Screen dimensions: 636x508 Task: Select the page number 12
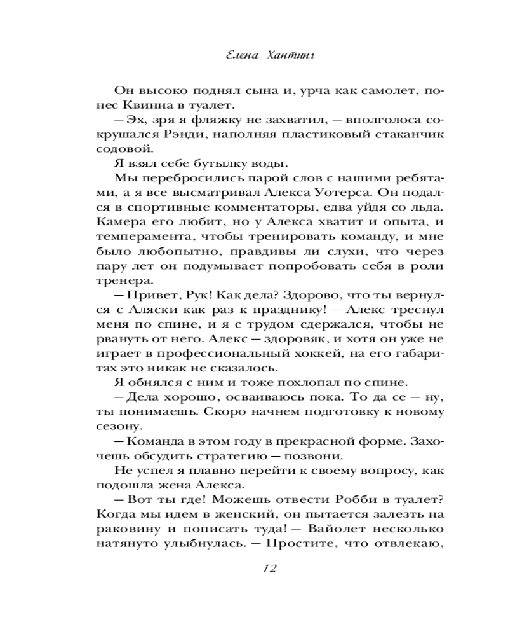(263, 569)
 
